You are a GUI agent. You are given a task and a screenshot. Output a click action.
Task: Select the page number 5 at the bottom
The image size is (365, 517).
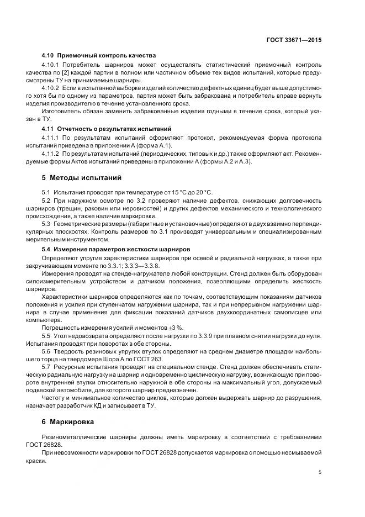(x=320, y=473)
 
